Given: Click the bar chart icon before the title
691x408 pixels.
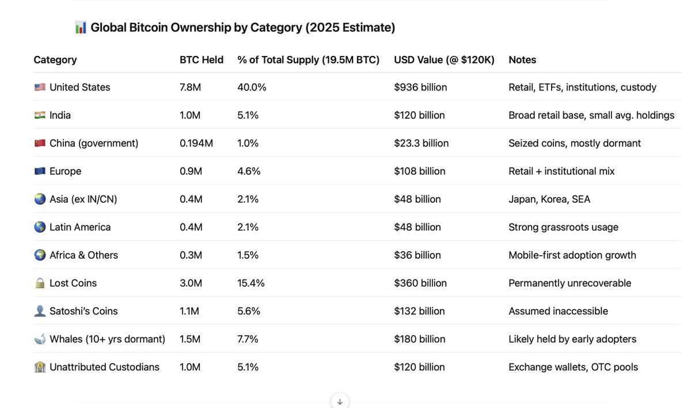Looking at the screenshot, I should (81, 28).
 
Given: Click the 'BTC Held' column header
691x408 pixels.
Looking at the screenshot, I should (201, 60).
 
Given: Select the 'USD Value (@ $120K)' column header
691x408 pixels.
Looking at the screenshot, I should (444, 60).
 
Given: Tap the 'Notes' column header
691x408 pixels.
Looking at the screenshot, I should (522, 60).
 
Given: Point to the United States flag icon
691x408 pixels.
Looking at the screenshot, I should (40, 88).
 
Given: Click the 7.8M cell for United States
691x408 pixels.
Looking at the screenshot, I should (190, 88).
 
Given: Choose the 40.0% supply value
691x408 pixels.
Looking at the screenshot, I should (252, 88).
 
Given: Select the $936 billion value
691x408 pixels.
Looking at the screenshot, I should (420, 88).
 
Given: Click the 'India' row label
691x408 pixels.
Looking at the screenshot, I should (60, 115).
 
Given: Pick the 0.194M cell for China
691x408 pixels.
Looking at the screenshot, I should (196, 143).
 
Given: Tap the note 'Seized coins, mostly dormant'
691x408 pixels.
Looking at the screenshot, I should (574, 143).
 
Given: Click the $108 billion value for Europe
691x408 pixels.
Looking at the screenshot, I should (419, 171).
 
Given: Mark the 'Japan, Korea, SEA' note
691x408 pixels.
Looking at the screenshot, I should (549, 199).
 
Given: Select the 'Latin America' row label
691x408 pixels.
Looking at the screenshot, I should (79, 227).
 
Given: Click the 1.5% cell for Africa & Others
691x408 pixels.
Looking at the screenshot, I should (248, 255).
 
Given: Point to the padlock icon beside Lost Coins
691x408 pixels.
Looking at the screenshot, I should (40, 283).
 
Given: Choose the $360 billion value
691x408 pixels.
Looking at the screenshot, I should (420, 283).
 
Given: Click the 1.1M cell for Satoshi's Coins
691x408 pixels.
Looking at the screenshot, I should (189, 311).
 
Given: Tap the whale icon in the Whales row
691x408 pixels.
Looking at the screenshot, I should (40, 339).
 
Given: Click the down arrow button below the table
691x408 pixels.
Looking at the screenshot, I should (340, 401).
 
